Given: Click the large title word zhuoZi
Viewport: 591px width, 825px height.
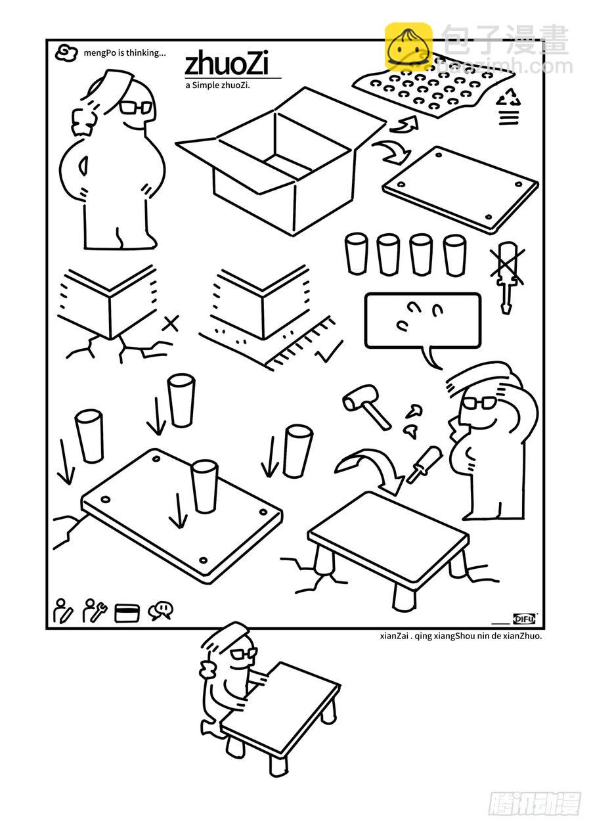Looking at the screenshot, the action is tap(226, 63).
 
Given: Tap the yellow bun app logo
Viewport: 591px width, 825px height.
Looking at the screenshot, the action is tap(408, 47).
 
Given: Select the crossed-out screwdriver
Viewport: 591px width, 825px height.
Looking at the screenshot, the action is tap(507, 277).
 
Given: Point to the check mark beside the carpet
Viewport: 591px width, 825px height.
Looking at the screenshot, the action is tap(330, 351).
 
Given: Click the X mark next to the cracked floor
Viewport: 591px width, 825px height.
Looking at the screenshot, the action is tap(171, 323).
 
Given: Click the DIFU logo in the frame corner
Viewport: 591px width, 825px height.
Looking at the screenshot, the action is tap(525, 619).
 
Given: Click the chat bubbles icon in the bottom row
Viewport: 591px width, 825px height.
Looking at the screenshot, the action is tap(160, 611).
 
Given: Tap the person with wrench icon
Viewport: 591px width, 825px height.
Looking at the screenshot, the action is tap(95, 610).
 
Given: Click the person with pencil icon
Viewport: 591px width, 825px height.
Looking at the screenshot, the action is tap(63, 610).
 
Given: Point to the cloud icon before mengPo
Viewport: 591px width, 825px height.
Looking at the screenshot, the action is tap(66, 53).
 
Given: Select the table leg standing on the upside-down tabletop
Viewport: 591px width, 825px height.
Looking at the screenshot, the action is tap(204, 486).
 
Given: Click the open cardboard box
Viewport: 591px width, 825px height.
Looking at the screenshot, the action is tap(282, 162).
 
